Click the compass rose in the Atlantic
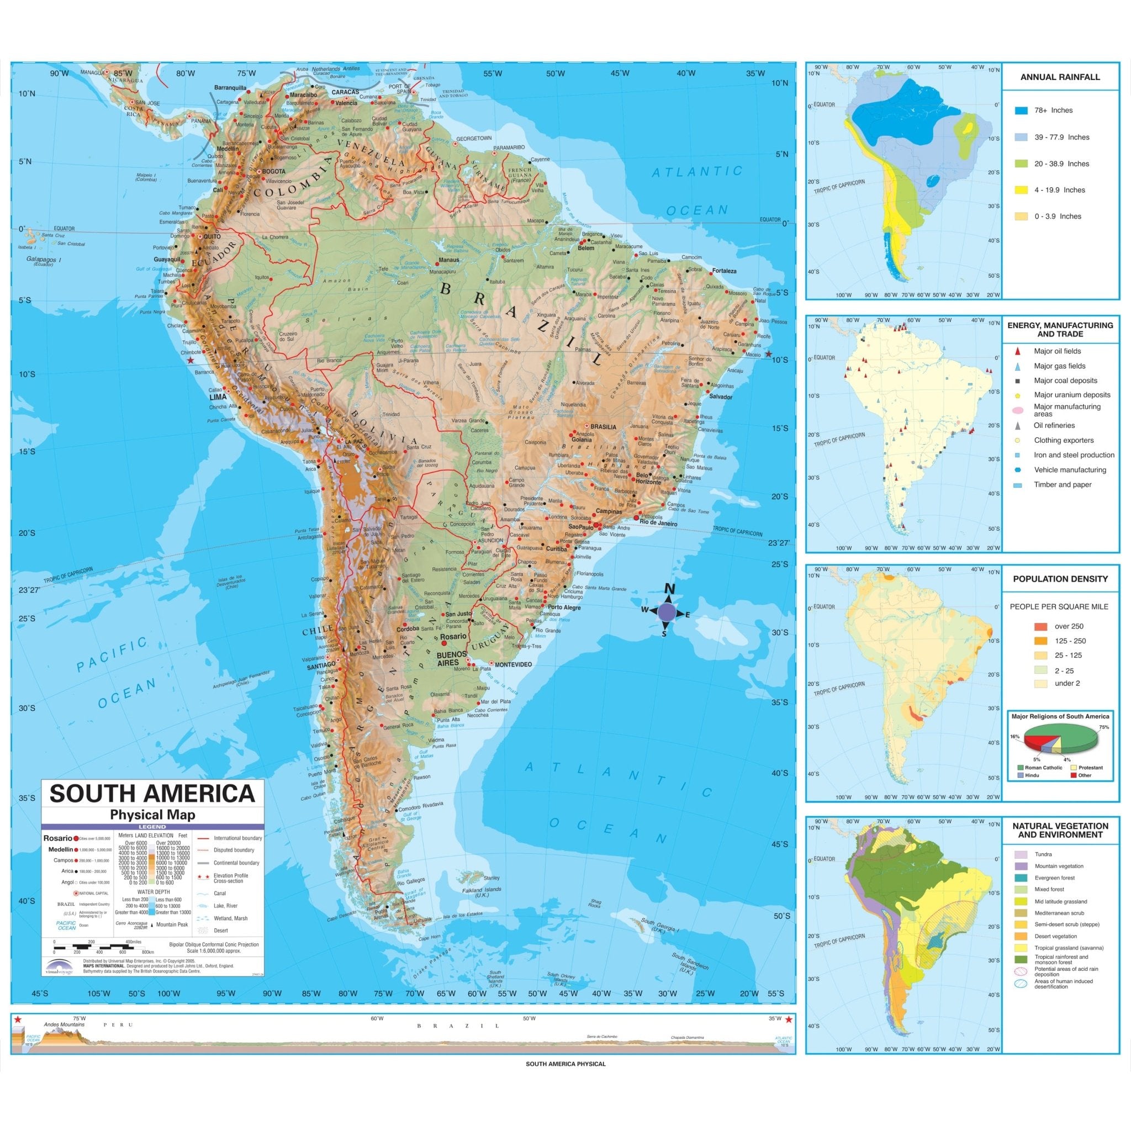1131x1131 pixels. tap(666, 612)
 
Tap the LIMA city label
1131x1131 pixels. tap(218, 397)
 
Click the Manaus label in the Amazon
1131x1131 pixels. tap(449, 260)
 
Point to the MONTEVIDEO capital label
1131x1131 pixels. tap(513, 664)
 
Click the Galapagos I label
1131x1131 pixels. tap(44, 259)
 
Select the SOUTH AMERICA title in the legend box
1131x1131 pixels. tap(152, 794)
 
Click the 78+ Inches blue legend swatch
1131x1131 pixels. tap(1022, 110)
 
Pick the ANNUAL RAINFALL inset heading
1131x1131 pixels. tap(1060, 77)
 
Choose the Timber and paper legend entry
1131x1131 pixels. tap(1062, 485)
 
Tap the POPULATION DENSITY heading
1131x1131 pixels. tap(1060, 579)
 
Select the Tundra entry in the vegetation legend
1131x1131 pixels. tap(1043, 855)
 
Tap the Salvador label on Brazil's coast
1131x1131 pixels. tap(720, 397)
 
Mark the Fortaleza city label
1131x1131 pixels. tap(724, 271)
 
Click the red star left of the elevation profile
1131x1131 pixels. tap(18, 1020)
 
